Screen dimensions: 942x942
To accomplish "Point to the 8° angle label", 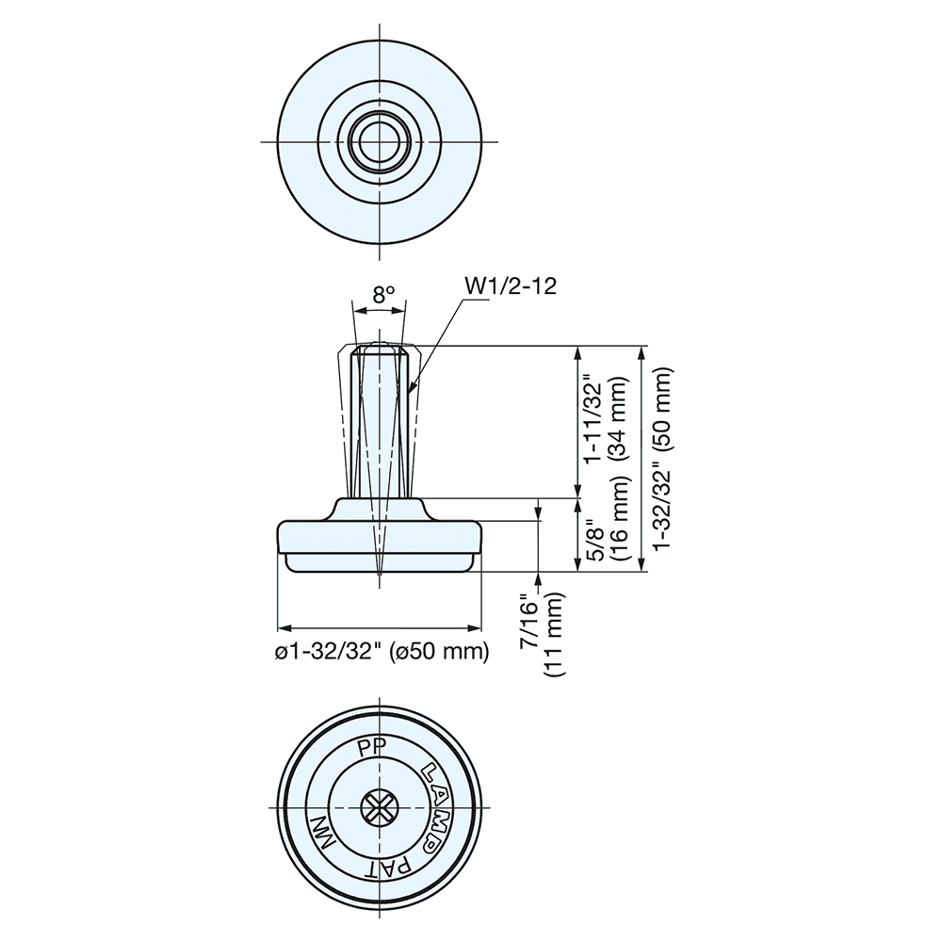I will pos(382,295).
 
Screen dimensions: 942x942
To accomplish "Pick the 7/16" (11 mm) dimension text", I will pos(542,636).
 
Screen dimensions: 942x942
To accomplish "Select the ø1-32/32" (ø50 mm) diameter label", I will pos(381,651).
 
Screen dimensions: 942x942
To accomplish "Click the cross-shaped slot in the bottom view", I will pos(380,808).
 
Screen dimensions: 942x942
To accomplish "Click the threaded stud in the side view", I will pos(380,424).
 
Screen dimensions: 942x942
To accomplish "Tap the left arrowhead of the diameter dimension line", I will pos(282,627).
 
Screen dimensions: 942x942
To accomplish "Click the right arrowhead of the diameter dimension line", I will pos(478,627).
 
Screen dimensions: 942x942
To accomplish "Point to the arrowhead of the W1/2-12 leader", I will pos(414,388).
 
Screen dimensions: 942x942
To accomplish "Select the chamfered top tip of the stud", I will pos(380,348).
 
